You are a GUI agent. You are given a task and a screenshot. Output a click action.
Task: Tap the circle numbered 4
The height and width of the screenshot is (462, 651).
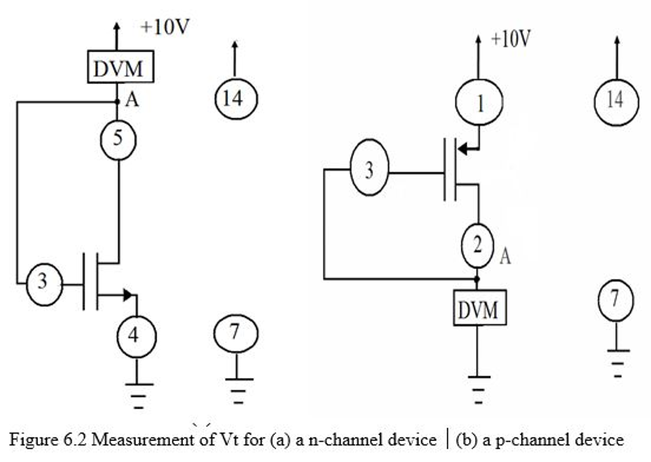point(136,335)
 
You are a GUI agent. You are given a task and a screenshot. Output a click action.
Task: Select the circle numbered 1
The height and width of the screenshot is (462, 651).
point(479,102)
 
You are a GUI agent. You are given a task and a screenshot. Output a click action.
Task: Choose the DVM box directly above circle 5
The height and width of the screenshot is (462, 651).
point(120,67)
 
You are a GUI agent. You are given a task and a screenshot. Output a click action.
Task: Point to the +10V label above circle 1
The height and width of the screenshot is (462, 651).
point(511,39)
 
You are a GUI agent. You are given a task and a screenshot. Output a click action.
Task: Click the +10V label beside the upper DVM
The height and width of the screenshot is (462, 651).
point(165,27)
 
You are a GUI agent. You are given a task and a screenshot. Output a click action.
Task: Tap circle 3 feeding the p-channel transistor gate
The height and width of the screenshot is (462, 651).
point(369,171)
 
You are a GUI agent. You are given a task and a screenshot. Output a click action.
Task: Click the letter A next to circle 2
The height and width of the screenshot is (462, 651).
point(505,257)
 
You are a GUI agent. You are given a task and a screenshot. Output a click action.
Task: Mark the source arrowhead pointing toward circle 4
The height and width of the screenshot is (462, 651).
point(129,294)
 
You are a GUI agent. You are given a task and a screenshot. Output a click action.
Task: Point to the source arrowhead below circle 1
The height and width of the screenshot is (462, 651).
point(463,149)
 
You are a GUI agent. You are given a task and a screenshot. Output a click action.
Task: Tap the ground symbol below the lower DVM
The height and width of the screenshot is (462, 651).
point(479,388)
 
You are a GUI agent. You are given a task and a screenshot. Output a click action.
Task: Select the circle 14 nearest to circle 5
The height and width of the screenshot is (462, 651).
point(235,99)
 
